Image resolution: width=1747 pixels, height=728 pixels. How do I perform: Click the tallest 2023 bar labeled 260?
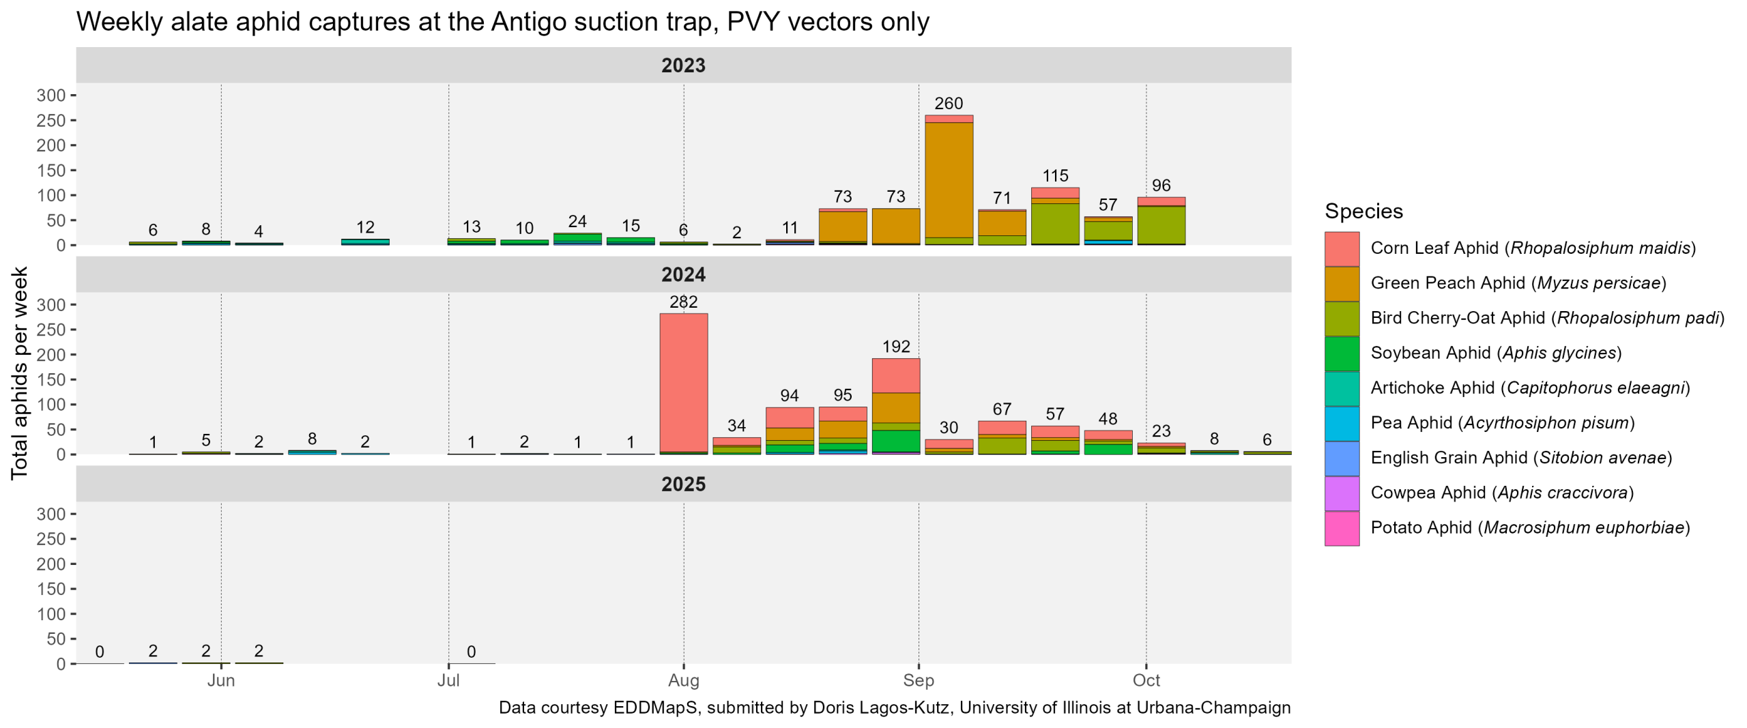[949, 181]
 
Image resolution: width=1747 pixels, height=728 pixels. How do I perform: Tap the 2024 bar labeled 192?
[895, 406]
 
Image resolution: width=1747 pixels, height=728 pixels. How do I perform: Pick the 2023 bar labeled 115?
[1054, 217]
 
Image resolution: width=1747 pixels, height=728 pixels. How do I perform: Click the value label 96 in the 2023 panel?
[1161, 186]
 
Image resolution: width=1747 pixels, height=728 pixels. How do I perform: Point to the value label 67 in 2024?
[1002, 409]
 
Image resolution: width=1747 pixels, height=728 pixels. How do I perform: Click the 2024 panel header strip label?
[683, 275]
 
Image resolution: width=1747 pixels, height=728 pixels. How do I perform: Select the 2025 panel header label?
[683, 484]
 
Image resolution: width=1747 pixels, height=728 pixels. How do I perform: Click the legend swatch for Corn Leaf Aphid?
[1341, 248]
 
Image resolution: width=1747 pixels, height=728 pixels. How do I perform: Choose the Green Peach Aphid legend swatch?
[1341, 283]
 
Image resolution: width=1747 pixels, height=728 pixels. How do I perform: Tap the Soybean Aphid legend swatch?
[1341, 353]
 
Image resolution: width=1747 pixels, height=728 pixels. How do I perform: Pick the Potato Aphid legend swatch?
[1341, 528]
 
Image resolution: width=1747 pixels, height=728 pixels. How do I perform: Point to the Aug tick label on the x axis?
[683, 680]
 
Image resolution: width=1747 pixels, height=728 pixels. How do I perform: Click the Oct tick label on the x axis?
[1146, 680]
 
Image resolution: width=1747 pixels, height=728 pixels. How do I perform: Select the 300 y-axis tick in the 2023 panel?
[51, 96]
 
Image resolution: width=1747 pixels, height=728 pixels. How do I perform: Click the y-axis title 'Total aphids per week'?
[19, 373]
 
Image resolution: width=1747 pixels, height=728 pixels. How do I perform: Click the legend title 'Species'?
[1363, 212]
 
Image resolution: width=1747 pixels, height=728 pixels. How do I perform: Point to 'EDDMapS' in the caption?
[655, 708]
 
